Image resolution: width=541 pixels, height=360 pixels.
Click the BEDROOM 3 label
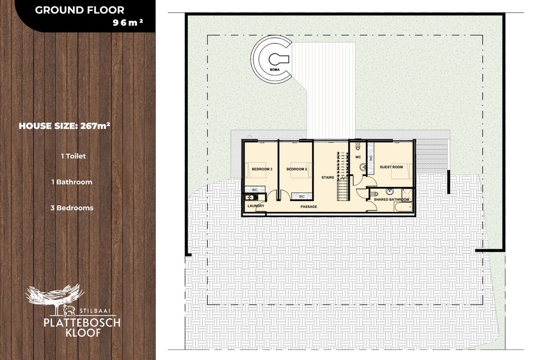pyautogui.click(x=262, y=169)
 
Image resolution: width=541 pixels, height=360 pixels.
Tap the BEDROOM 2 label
pyautogui.click(x=296, y=169)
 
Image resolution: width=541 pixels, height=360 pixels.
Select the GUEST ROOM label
pyautogui.click(x=391, y=167)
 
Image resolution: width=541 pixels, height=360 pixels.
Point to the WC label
pyautogui.click(x=358, y=157)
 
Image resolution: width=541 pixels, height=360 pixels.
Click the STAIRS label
pyautogui.click(x=328, y=178)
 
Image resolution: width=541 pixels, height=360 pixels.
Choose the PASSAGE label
pyautogui.click(x=309, y=206)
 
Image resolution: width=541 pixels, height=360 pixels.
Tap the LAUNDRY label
pyautogui.click(x=256, y=206)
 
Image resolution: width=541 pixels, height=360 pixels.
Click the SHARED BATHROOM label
pyautogui.click(x=392, y=199)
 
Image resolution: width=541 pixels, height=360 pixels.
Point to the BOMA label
pyautogui.click(x=275, y=70)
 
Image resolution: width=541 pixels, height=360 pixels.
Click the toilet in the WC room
pyautogui.click(x=358, y=146)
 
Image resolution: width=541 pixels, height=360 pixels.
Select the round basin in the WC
pyautogui.click(x=363, y=168)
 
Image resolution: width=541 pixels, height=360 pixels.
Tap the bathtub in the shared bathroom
pyautogui.click(x=403, y=206)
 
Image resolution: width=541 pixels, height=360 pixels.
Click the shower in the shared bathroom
pyautogui.click(x=407, y=194)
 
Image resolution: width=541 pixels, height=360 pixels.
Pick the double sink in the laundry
pyautogui.click(x=250, y=197)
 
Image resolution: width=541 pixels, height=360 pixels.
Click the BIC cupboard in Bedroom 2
pyautogui.click(x=302, y=196)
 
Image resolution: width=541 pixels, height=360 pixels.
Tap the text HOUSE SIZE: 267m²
pyautogui.click(x=64, y=125)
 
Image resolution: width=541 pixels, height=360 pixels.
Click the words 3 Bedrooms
pyautogui.click(x=72, y=208)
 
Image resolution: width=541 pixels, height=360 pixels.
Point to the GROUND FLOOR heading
pyautogui.click(x=80, y=10)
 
